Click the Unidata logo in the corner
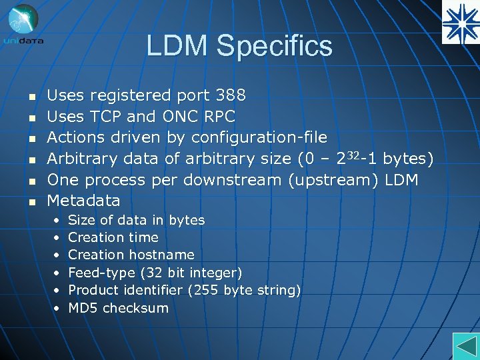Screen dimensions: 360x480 24,24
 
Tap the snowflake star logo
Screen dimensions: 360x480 461,22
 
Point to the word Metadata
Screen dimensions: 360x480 84,200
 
